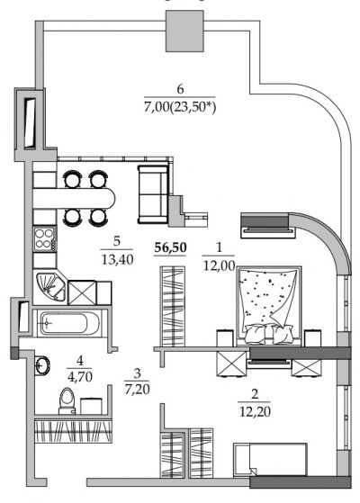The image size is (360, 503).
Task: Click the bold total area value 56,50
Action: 170,247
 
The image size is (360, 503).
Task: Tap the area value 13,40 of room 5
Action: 117,259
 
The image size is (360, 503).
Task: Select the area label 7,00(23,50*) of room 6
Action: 180,106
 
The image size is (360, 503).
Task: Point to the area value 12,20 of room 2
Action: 255,411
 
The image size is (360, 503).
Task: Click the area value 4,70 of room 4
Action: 80,376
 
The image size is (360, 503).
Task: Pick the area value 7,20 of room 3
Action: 137,389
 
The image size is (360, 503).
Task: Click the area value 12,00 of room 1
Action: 219,265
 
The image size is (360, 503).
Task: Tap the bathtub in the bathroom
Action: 68,323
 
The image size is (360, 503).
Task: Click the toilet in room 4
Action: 67,401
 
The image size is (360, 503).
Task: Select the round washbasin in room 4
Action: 42,364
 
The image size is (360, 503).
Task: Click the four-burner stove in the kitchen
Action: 45,238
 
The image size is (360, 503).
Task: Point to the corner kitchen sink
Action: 49,287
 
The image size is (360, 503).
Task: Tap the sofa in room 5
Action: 153,194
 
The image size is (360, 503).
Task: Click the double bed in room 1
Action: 269,306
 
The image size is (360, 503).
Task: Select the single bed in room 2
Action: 270,460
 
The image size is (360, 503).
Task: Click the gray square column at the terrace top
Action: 184,31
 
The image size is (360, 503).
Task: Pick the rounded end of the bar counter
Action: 110,198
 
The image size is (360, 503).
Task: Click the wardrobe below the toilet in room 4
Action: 73,431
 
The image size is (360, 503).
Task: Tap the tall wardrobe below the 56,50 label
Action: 173,306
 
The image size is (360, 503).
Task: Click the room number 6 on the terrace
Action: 180,89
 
